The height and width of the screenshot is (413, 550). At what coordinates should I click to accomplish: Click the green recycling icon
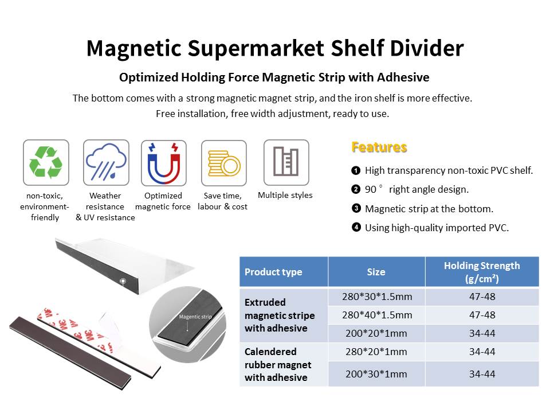click(x=46, y=162)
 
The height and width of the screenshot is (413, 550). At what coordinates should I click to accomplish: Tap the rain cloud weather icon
click(x=106, y=162)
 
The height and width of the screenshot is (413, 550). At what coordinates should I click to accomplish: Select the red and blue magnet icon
click(x=164, y=163)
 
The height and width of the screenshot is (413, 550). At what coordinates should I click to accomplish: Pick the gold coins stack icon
click(x=224, y=163)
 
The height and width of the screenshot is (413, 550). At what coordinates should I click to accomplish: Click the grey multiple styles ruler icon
click(x=286, y=162)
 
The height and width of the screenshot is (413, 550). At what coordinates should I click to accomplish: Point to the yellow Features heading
click(x=379, y=147)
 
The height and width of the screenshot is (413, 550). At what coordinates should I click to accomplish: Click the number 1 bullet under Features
click(x=356, y=171)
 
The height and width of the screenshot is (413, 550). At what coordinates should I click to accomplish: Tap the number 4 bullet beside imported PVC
click(x=356, y=227)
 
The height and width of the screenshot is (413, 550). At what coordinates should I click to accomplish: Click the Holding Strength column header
click(x=482, y=271)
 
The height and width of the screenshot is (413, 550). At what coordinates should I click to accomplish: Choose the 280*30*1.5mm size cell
click(x=377, y=297)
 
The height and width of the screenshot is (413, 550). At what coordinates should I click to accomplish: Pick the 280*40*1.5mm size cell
click(x=377, y=315)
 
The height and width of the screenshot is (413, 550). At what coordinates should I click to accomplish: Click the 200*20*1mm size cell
click(x=376, y=333)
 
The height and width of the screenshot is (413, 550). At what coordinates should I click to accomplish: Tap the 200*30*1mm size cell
click(x=376, y=374)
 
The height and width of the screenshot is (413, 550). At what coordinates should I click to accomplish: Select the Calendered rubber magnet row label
click(x=278, y=365)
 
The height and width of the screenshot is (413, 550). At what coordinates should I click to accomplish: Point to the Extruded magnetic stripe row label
click(x=280, y=315)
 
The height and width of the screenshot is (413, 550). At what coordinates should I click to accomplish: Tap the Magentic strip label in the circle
click(x=195, y=317)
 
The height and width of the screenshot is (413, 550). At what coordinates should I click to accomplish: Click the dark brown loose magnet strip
click(x=70, y=353)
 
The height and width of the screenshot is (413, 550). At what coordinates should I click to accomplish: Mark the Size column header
click(x=376, y=272)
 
